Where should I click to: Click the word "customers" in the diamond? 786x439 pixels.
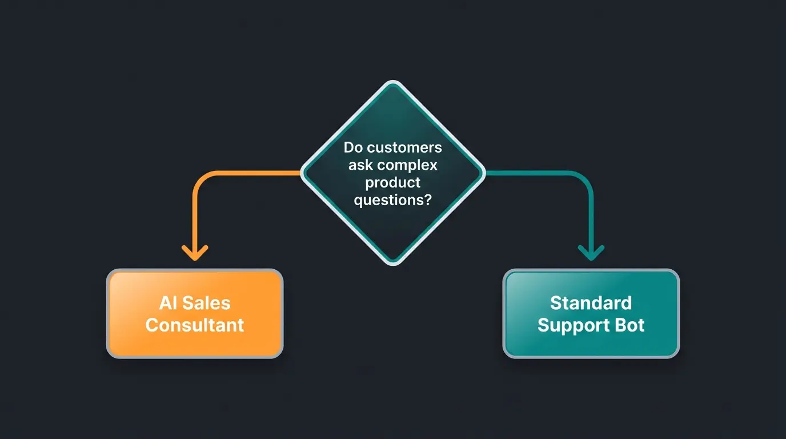point(405,147)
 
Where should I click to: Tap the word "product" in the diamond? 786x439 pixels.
point(393,183)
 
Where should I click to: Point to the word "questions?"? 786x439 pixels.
point(392,201)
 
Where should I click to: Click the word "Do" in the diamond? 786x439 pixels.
point(353,147)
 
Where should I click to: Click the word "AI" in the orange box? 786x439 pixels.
point(169,303)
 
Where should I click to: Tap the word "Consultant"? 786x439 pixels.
point(195,325)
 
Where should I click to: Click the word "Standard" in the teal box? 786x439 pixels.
point(591,303)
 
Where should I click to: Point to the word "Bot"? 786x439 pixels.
point(631,325)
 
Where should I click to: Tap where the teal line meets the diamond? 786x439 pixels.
point(484,172)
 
